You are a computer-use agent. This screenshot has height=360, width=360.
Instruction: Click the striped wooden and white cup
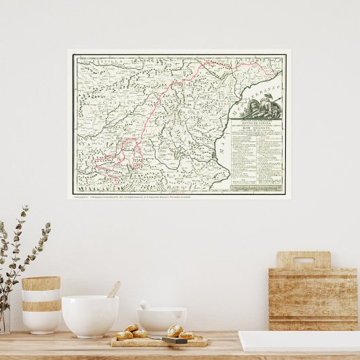coord(41,304)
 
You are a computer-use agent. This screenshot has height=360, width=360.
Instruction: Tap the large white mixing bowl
coord(90,316)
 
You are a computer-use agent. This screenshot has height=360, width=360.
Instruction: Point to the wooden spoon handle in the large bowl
coord(113,289)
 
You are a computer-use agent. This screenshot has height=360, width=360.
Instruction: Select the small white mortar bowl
coord(162,321)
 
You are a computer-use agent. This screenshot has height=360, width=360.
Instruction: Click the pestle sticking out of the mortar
coord(145,305)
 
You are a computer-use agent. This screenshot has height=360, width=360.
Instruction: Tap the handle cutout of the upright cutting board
coord(304,259)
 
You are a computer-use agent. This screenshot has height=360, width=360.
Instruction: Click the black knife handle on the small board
coord(175,340)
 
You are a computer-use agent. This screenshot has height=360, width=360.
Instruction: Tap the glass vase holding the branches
coord(5,319)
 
